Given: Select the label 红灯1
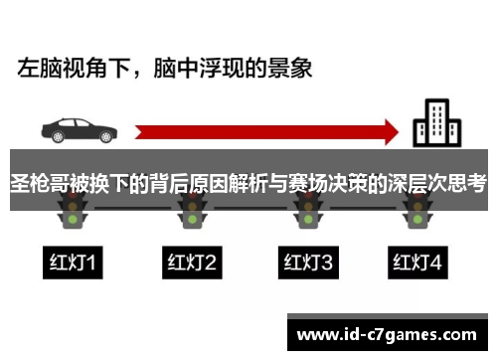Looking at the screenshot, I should pyautogui.click(x=75, y=263).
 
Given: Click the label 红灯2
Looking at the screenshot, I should pyautogui.click(x=190, y=263).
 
